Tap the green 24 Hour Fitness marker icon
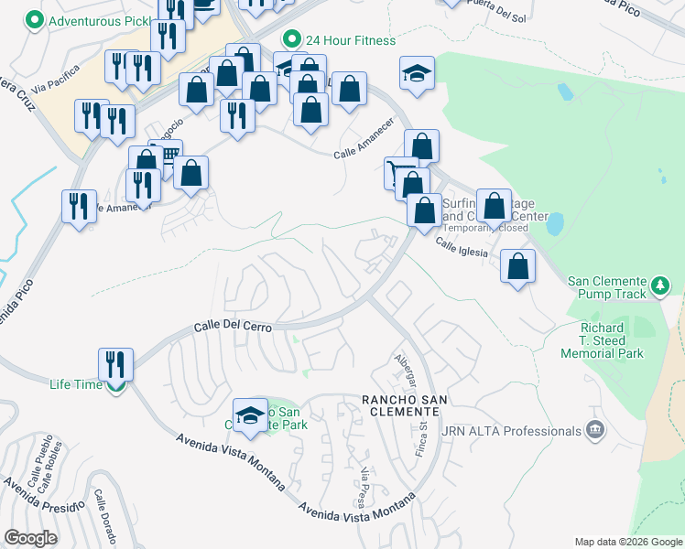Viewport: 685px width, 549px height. (292, 39)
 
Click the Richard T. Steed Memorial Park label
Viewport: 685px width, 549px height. (612, 340)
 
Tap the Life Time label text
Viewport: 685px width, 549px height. (76, 384)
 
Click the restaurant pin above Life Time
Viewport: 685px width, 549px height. (117, 362)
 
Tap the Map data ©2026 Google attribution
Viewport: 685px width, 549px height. (627, 542)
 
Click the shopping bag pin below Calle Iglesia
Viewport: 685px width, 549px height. (518, 267)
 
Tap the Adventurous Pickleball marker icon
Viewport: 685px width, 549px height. (35, 20)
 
